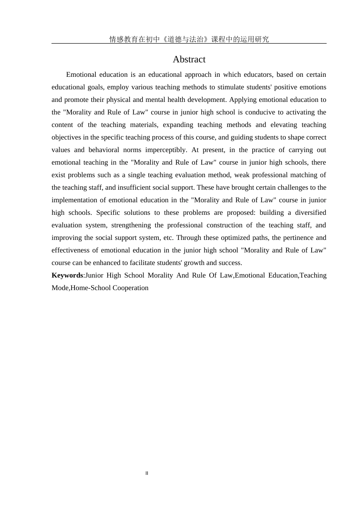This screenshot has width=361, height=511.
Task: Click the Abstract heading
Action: click(x=189, y=59)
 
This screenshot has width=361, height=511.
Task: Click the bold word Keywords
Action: click(x=67, y=275)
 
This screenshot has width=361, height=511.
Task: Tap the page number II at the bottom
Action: click(x=147, y=473)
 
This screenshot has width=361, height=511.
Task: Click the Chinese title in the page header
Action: click(x=189, y=39)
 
